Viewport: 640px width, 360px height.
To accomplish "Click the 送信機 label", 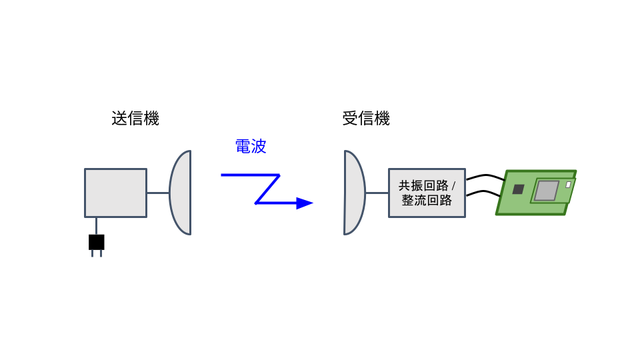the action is click(x=135, y=119).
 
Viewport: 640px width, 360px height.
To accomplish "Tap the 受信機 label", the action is click(x=366, y=119).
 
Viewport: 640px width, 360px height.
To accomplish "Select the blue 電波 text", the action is click(x=251, y=146).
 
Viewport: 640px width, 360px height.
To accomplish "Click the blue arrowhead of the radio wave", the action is click(x=305, y=203).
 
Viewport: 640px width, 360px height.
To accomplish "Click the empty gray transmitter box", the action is click(x=115, y=193).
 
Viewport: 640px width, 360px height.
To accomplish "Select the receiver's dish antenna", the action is click(x=353, y=193).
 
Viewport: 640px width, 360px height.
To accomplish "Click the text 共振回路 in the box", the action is click(x=423, y=186).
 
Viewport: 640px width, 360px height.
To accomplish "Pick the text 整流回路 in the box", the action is click(x=427, y=200).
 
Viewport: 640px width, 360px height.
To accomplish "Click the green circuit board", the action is click(x=535, y=192).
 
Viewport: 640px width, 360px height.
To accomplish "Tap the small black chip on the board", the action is click(x=518, y=189).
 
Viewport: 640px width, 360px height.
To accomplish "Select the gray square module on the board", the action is click(x=546, y=191).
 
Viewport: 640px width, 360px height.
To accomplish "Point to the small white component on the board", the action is click(x=568, y=185).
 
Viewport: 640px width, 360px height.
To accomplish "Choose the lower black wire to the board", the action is click(x=483, y=192).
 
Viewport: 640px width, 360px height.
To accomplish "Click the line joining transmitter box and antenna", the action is click(x=158, y=193).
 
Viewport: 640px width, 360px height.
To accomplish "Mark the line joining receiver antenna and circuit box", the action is click(x=377, y=193).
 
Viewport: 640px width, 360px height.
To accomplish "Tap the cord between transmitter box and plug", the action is click(x=96, y=226).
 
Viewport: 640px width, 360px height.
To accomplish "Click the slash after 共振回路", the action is click(x=453, y=186).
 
